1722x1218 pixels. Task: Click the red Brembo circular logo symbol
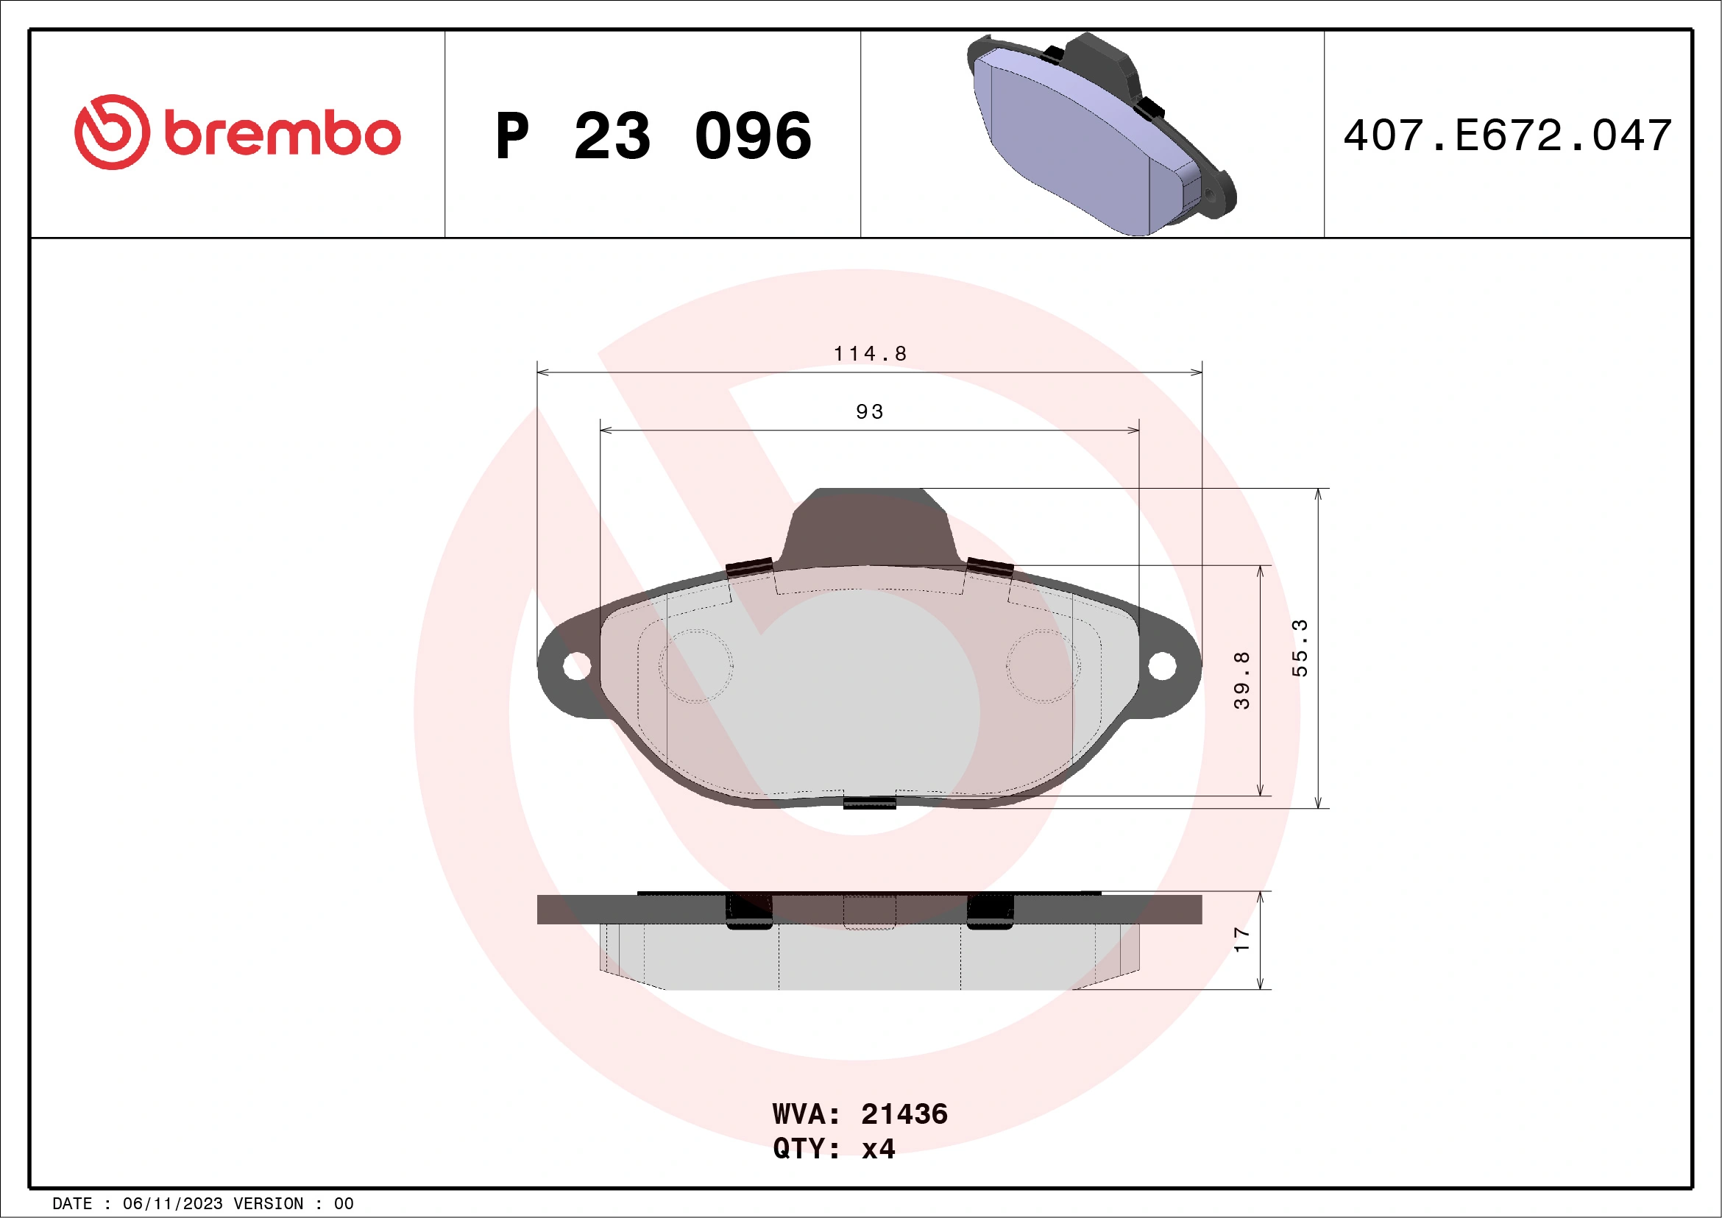[x=112, y=132]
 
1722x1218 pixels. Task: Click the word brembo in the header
[x=282, y=134]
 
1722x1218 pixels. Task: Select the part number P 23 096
[x=653, y=135]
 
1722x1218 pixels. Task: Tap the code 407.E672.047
[x=1508, y=135]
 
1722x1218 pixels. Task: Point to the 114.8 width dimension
[x=870, y=354]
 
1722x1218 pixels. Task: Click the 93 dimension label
[x=870, y=411]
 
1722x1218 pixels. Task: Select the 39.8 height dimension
[x=1241, y=679]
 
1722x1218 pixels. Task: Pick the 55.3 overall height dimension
[x=1299, y=648]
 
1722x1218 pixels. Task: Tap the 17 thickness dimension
[x=1241, y=939]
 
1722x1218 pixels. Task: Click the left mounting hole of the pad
[x=576, y=665]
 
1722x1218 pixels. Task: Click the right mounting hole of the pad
[x=1162, y=665]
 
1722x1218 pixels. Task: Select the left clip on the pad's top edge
[x=749, y=568]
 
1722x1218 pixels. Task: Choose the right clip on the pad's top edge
[x=989, y=567]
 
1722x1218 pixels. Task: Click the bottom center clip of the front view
[x=869, y=802]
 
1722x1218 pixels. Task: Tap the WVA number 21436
[x=904, y=1114]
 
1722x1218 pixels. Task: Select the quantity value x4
[x=878, y=1149]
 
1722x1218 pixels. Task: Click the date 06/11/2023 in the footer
[x=172, y=1204]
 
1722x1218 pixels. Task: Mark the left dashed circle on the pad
[x=695, y=666]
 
